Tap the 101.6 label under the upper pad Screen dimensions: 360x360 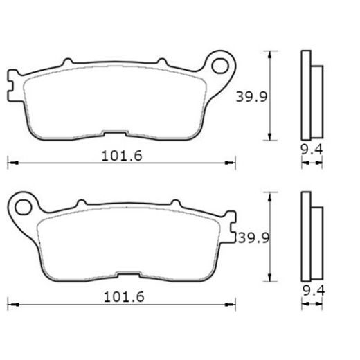coord(122,156)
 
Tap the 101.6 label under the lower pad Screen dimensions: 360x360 coord(124,297)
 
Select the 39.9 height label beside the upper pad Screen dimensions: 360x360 coord(251,97)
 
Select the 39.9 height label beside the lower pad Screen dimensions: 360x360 coord(253,238)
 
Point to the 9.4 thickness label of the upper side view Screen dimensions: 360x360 coord(312,150)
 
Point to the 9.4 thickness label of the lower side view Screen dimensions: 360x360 coord(314,291)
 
